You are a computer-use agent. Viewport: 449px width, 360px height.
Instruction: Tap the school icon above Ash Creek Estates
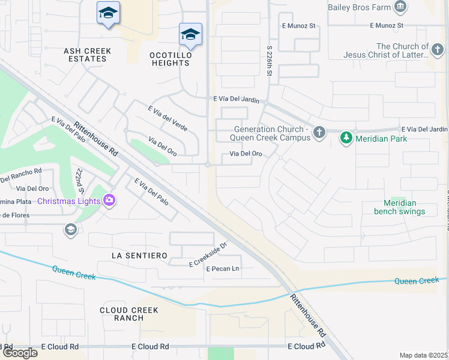pyautogui.click(x=108, y=13)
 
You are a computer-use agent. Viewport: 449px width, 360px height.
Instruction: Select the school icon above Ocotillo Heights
pyautogui.click(x=190, y=35)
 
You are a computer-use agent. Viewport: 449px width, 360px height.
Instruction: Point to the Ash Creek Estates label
pyautogui.click(x=85, y=55)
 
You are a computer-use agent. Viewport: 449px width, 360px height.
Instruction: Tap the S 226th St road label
pyautogui.click(x=270, y=59)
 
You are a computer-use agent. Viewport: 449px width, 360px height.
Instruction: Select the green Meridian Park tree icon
pyautogui.click(x=346, y=139)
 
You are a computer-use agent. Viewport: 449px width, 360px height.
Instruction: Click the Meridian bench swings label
pyautogui.click(x=399, y=207)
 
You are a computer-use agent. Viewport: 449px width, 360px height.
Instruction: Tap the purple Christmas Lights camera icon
pyautogui.click(x=109, y=200)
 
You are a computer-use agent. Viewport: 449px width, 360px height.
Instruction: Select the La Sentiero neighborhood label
pyautogui.click(x=139, y=256)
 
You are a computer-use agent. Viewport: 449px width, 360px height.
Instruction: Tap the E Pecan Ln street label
pyautogui.click(x=223, y=269)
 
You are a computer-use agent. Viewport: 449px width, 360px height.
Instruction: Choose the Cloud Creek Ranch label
pyautogui.click(x=129, y=314)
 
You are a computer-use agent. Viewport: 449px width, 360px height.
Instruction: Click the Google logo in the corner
pyautogui.click(x=19, y=353)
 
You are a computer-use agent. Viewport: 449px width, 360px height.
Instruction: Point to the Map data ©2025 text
pyautogui.click(x=424, y=355)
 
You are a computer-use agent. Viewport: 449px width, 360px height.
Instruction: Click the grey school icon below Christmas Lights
pyautogui.click(x=70, y=229)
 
